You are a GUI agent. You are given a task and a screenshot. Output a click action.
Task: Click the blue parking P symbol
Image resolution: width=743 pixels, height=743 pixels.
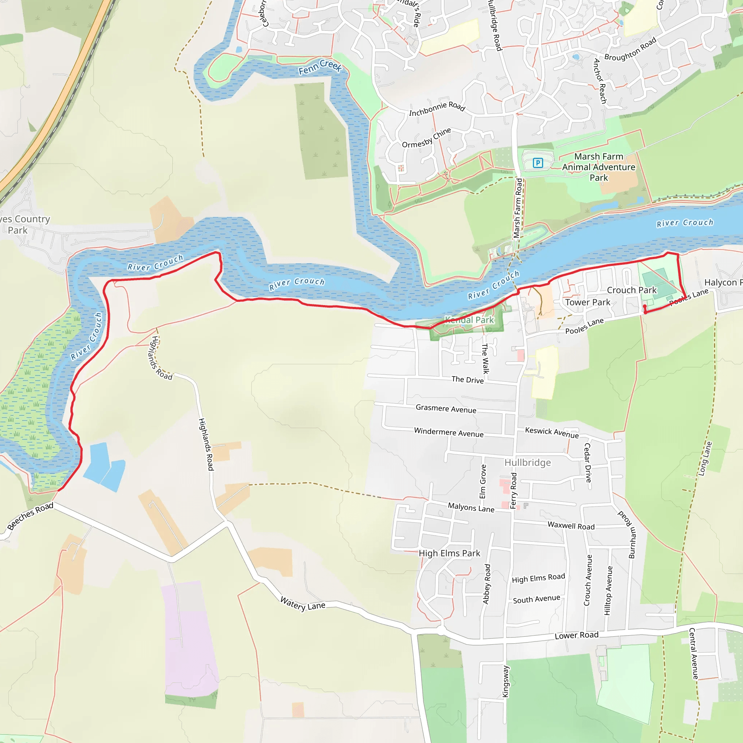point(538,163)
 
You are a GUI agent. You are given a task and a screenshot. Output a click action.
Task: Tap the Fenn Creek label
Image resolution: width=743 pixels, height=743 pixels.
point(320,66)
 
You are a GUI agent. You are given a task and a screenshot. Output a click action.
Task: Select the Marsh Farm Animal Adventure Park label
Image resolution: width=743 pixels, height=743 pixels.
point(598,167)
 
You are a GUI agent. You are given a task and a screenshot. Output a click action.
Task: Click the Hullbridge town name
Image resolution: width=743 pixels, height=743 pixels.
point(527,463)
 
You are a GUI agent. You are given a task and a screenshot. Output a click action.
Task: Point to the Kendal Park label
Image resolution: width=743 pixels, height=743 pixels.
point(469,320)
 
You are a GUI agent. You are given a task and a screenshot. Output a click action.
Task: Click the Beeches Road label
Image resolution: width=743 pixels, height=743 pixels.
point(30,516)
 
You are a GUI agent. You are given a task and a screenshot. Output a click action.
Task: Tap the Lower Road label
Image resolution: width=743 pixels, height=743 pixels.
point(576,635)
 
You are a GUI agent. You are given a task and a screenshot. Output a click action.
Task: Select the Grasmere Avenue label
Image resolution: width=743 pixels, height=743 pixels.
point(446,409)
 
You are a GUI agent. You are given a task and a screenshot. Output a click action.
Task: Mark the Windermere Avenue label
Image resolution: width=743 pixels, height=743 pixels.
point(448,432)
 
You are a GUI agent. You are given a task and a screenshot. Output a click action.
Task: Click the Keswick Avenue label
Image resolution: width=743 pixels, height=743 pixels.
point(551,432)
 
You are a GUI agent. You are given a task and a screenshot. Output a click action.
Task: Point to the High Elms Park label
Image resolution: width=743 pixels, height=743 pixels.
point(449,553)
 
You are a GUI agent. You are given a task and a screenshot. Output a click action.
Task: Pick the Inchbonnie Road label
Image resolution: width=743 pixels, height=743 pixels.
point(437,108)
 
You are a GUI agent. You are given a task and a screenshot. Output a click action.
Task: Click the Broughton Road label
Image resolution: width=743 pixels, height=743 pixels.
point(630,49)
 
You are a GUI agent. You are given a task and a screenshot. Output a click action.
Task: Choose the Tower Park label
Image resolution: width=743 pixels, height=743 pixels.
point(587,303)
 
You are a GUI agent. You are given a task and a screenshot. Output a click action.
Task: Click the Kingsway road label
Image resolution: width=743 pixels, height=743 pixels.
point(506,681)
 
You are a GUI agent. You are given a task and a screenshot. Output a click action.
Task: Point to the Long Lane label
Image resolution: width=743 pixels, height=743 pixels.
point(705,459)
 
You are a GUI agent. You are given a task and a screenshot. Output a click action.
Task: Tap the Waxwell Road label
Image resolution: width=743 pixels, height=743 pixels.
point(571,526)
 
